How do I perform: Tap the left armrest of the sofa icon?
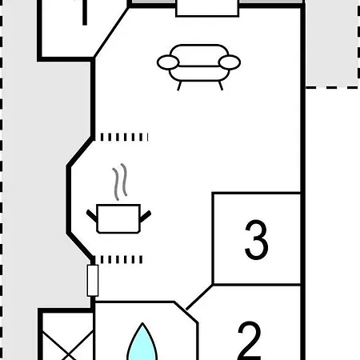coord(168,62)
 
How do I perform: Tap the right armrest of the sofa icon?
coord(230,62)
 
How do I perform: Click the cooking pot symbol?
coord(118,218)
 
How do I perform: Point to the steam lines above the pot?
coord(119,182)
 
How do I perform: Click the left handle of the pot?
coord(92,216)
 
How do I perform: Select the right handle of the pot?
coord(146,216)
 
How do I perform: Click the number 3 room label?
coord(256,239)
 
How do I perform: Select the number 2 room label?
coord(250,341)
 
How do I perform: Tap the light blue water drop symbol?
coord(142,342)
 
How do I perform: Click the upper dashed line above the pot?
coord(124,137)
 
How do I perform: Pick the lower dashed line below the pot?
coord(122,259)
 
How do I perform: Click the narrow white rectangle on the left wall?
coord(93,281)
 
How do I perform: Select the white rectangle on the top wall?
coord(207,9)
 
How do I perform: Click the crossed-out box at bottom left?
coord(67,336)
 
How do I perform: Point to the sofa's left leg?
coord(179,86)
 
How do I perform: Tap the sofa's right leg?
coord(221,86)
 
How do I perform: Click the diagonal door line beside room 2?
coord(199,298)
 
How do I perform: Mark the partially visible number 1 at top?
coord(85,13)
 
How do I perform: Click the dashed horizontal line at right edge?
coord(333,87)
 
